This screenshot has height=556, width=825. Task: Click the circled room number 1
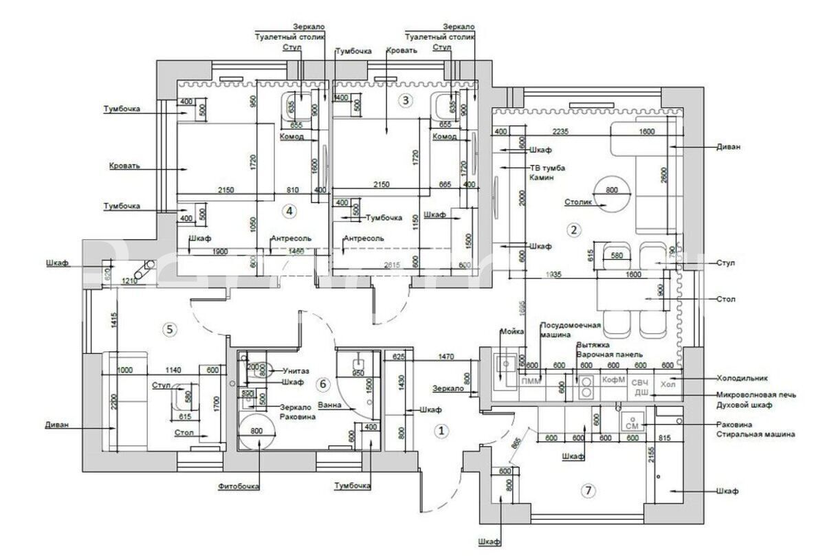[442, 431]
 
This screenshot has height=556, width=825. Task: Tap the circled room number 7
[587, 491]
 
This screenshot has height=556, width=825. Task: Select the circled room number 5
[169, 329]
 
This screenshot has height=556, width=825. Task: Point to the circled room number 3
[406, 100]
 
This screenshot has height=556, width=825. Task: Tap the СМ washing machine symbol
[631, 425]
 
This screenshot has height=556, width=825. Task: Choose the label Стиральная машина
[755, 434]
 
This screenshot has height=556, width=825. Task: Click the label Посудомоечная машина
[571, 330]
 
